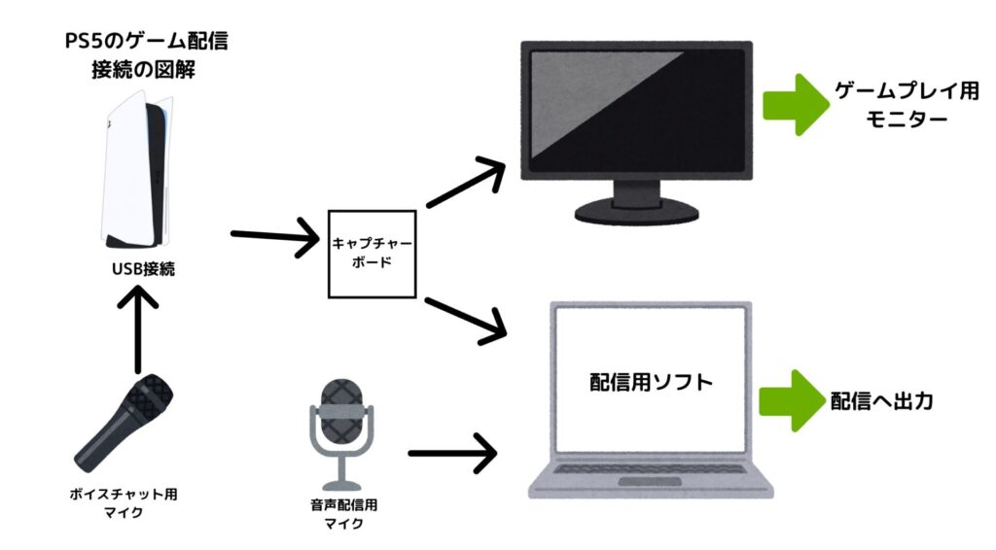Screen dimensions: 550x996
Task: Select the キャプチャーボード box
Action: [374, 253]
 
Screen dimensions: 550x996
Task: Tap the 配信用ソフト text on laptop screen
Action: [651, 381]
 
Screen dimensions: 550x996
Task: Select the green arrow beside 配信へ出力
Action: [792, 399]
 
